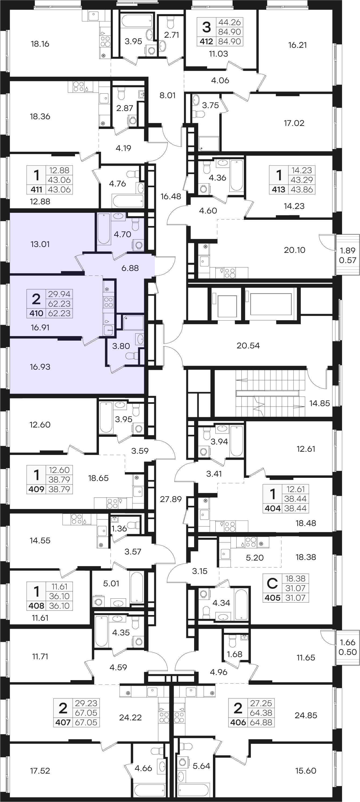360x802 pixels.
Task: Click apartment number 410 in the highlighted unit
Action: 36,313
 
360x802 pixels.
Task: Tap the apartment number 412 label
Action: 206,41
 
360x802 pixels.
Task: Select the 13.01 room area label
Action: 40,244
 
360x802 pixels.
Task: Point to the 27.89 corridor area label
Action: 171,499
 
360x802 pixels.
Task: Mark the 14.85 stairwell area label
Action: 320,403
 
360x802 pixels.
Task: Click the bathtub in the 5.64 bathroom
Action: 194,790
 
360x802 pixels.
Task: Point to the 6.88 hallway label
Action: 130,268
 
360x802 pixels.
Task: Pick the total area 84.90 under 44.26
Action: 230,32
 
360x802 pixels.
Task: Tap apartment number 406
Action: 238,722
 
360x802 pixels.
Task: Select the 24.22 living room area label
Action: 130,717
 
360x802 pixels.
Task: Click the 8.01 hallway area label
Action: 168,95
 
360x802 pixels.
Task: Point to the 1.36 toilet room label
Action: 119,528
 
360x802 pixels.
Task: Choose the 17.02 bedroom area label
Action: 294,123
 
